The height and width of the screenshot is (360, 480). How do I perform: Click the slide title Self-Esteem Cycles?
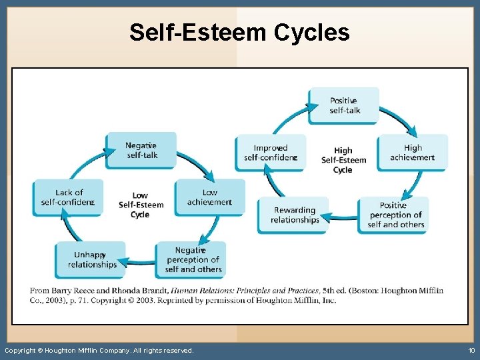click(239, 31)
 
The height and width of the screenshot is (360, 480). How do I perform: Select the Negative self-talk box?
click(141, 150)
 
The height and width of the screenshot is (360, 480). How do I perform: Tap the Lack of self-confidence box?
click(69, 197)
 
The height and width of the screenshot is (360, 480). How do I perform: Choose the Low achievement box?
click(209, 197)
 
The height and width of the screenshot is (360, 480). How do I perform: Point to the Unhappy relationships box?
click(91, 259)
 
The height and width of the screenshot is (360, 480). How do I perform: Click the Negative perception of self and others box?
click(192, 259)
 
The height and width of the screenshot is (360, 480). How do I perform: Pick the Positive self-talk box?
click(344, 105)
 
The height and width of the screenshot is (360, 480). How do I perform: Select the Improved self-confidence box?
click(270, 153)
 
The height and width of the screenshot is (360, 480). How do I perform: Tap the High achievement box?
click(413, 153)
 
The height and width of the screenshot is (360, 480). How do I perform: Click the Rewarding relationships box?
click(294, 215)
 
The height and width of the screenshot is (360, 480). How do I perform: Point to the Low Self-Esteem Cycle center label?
click(141, 205)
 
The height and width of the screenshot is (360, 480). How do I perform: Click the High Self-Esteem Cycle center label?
click(343, 160)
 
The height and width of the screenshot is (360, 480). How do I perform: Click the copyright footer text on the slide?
click(99, 350)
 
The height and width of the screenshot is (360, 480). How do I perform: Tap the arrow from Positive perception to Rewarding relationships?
click(344, 216)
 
